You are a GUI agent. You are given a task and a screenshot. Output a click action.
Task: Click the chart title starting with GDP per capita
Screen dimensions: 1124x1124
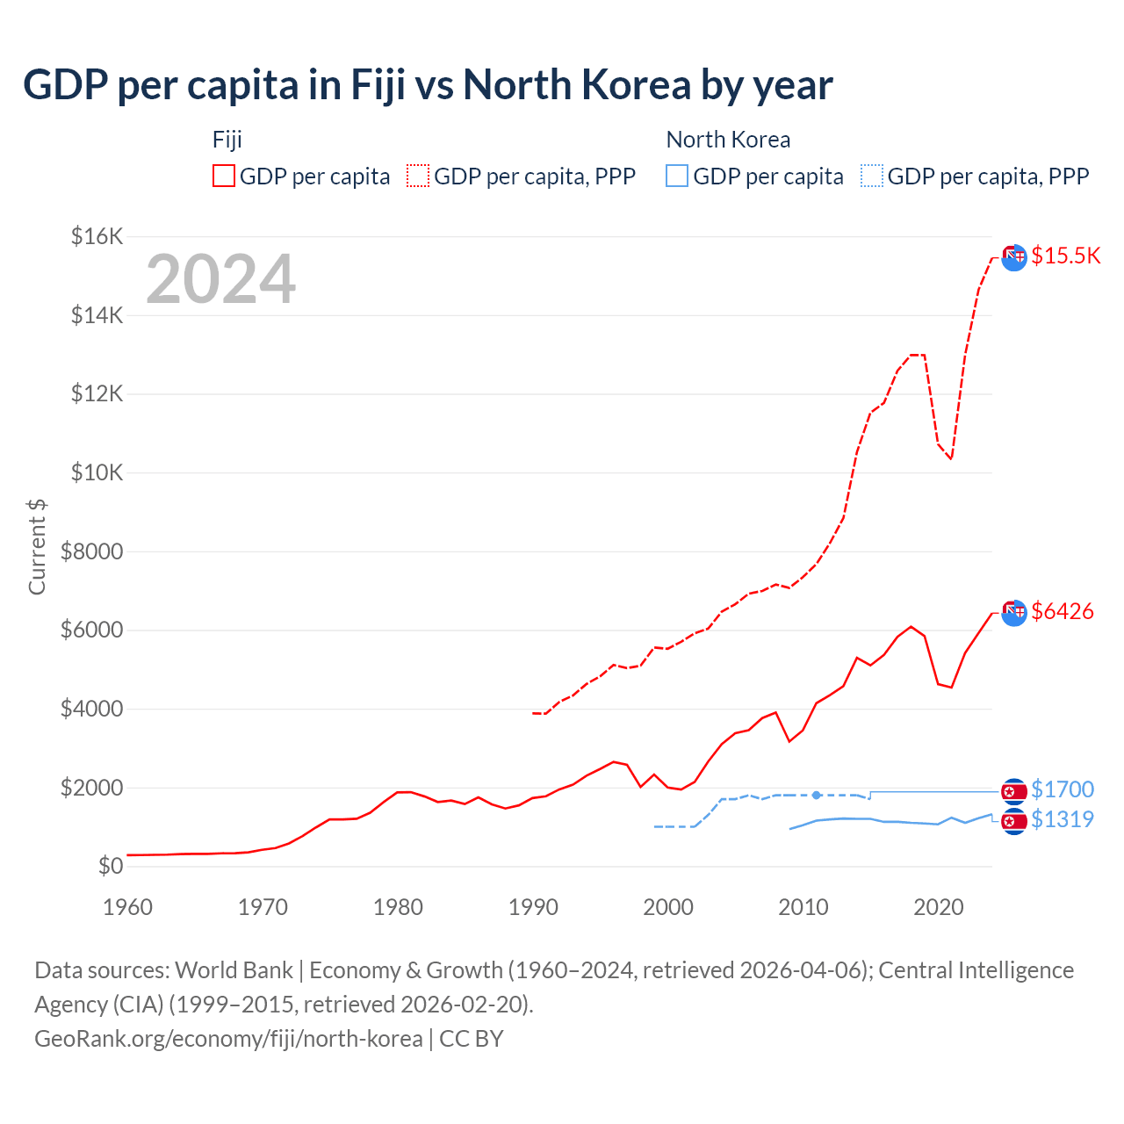click(x=428, y=85)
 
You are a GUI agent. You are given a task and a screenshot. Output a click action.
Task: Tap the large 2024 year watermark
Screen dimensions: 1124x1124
click(x=220, y=279)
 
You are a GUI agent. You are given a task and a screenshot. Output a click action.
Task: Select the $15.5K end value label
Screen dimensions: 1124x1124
click(x=1065, y=256)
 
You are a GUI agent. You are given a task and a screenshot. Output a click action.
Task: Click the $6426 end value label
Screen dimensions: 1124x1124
click(x=1063, y=611)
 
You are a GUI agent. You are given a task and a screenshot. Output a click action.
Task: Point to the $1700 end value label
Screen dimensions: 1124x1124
click(x=1062, y=789)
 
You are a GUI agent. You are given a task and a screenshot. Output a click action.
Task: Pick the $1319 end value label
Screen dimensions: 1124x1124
click(x=1062, y=819)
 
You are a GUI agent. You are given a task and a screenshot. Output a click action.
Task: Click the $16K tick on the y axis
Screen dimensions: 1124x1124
click(x=97, y=236)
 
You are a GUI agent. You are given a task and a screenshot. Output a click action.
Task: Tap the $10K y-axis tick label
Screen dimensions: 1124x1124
click(x=97, y=472)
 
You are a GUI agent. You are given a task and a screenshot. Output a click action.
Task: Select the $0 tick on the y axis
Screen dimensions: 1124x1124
click(x=111, y=866)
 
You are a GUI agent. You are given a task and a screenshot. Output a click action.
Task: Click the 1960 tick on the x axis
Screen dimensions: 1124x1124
click(x=128, y=907)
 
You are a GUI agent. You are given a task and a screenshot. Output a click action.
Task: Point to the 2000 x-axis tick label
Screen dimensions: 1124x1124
click(x=668, y=907)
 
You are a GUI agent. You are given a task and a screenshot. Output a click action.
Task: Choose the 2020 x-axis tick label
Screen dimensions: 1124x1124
click(x=939, y=907)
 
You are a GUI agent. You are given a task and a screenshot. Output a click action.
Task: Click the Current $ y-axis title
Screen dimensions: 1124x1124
click(x=37, y=546)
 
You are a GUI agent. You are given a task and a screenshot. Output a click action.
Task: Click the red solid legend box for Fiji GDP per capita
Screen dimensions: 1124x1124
click(x=224, y=177)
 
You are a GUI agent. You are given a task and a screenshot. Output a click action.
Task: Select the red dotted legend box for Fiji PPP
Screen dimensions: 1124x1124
click(x=418, y=177)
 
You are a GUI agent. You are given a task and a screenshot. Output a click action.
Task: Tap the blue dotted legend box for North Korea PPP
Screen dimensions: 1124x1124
click(x=872, y=177)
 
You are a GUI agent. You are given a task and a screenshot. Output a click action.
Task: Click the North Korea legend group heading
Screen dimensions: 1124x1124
click(x=728, y=140)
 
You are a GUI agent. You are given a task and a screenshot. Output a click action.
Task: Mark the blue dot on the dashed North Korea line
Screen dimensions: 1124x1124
click(x=817, y=795)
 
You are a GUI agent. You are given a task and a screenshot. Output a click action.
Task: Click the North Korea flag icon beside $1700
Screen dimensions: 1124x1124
click(x=1014, y=791)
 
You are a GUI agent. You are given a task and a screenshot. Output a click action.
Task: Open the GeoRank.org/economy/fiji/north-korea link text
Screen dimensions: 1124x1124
click(x=228, y=1039)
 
